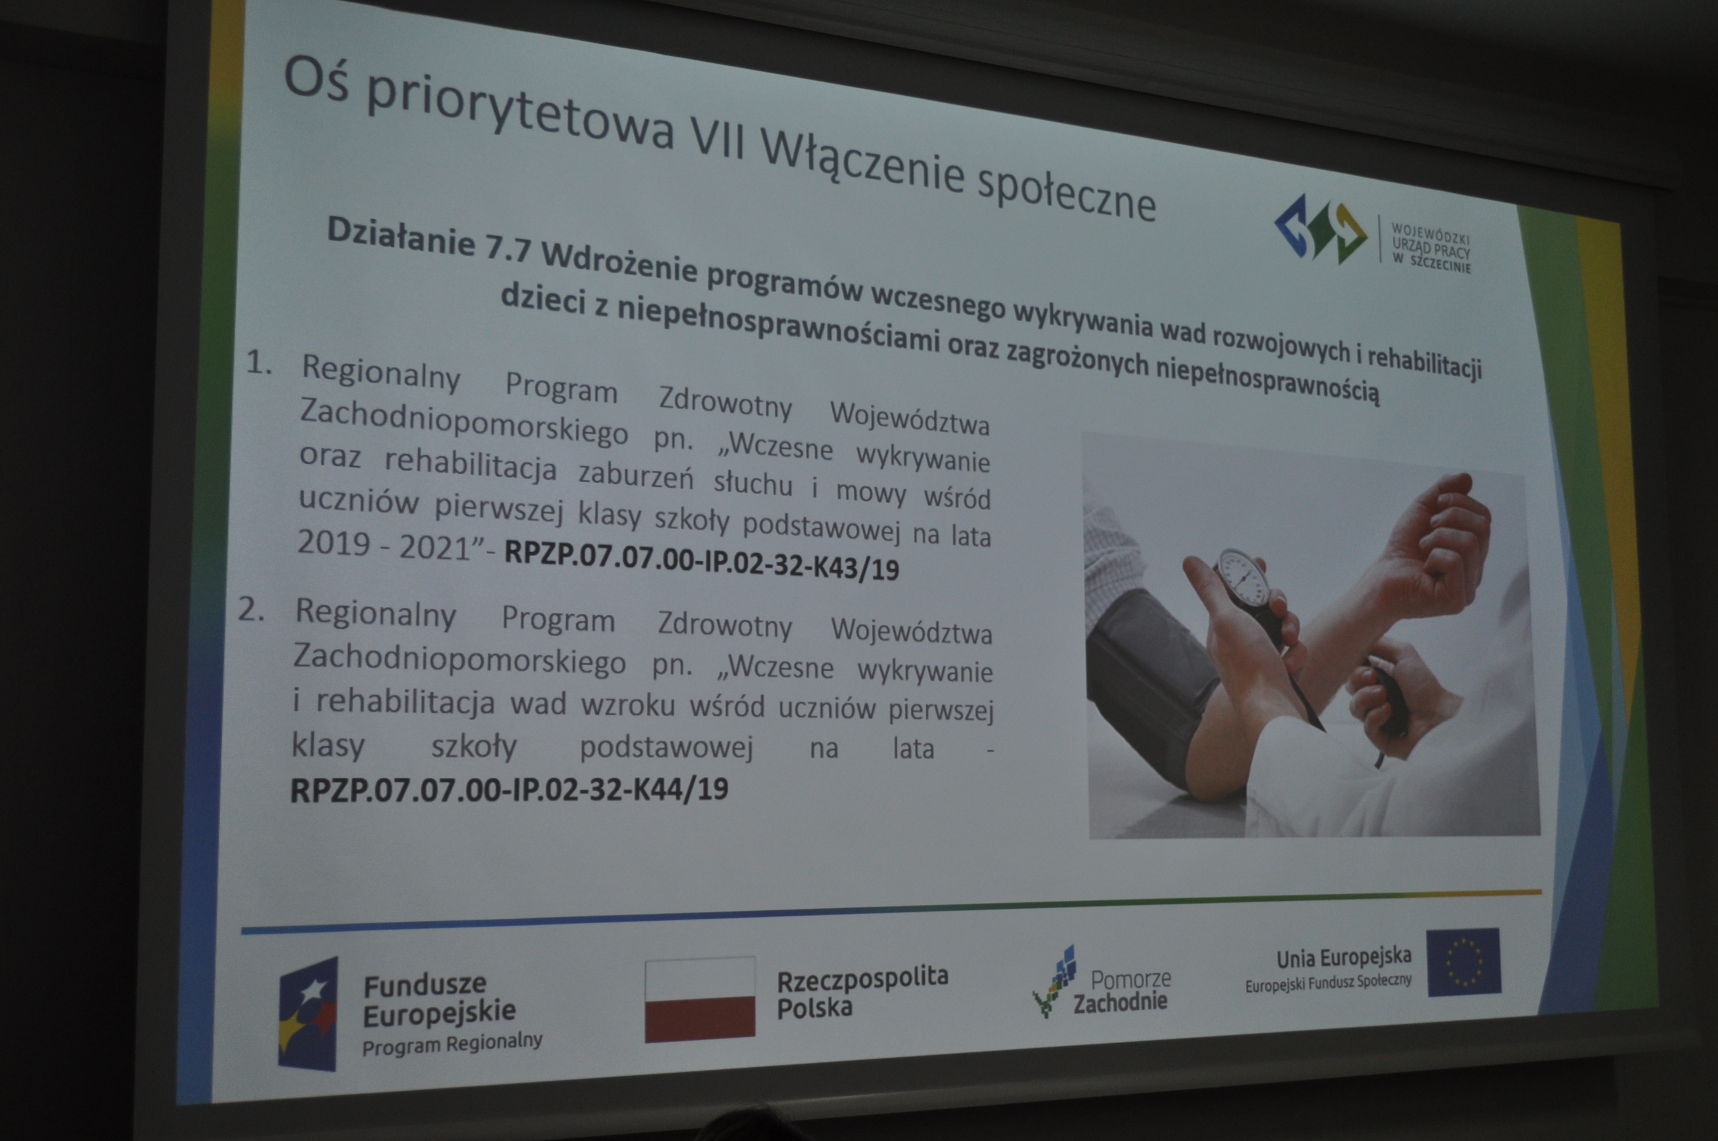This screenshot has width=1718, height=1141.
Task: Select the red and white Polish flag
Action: coord(700,998)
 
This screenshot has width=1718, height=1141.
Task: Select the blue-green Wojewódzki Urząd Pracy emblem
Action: coord(1321,228)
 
